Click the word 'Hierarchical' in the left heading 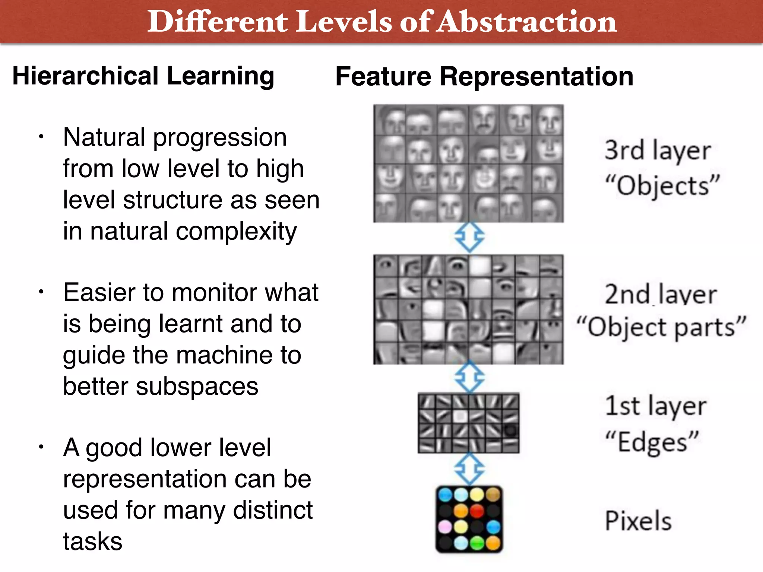[86, 76]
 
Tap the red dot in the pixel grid [477, 511]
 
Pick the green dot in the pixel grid [477, 543]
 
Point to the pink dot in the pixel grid [445, 527]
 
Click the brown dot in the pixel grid [493, 495]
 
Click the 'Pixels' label [638, 521]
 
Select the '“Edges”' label [652, 442]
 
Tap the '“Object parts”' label [661, 327]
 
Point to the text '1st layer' [655, 406]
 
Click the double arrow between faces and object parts [469, 237]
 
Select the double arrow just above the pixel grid [469, 468]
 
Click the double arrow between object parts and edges [469, 377]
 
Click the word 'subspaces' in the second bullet [197, 386]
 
